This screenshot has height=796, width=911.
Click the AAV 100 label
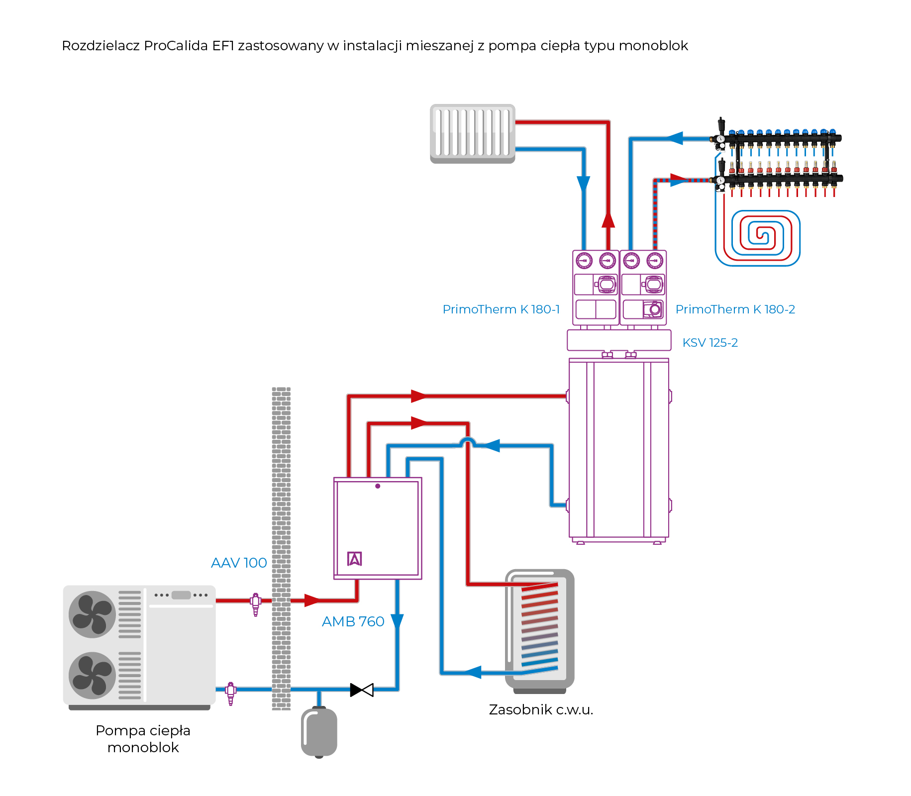click(239, 563)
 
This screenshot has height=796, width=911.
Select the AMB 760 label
click(353, 621)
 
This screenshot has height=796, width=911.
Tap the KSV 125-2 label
click(710, 343)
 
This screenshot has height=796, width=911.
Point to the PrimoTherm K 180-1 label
click(501, 309)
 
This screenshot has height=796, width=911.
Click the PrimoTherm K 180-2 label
click(735, 309)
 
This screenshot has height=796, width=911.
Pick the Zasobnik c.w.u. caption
click(541, 709)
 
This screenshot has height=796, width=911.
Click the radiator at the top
click(472, 133)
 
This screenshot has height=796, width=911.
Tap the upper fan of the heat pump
click(92, 614)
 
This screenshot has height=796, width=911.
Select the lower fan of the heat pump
click(92, 676)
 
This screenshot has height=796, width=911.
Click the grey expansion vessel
click(319, 732)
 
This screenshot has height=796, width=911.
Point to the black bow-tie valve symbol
click(362, 690)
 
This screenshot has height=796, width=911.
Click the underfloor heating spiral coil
click(757, 238)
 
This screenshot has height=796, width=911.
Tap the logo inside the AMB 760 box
click(354, 559)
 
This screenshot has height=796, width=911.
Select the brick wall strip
click(281, 547)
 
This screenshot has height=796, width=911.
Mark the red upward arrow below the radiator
click(608, 219)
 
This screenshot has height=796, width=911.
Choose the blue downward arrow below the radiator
click(583, 184)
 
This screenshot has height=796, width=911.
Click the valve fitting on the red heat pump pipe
click(256, 602)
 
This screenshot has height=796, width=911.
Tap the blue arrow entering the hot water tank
click(473, 672)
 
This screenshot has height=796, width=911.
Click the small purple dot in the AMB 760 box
click(378, 486)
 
